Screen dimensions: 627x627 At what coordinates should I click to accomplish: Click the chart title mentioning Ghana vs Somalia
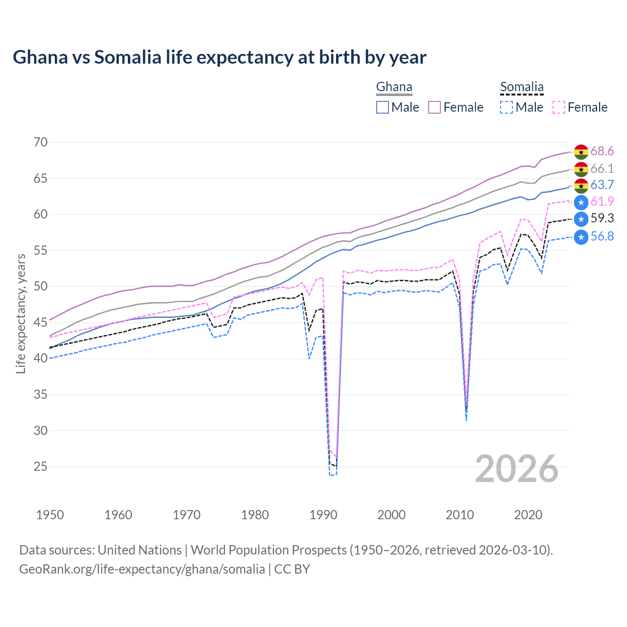click(x=219, y=57)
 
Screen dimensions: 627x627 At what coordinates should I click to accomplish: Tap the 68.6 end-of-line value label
click(x=602, y=151)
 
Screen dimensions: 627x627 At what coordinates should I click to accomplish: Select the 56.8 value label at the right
click(x=602, y=237)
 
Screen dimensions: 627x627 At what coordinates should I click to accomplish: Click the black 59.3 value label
click(x=602, y=218)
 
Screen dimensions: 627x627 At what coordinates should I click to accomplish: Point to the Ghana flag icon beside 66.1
click(x=581, y=169)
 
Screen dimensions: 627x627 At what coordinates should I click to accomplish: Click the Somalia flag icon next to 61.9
click(x=581, y=202)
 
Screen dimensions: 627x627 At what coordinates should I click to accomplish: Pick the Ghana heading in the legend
click(x=394, y=87)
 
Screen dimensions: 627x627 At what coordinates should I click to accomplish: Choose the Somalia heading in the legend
click(x=522, y=87)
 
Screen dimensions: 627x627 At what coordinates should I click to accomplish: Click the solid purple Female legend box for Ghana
click(x=434, y=107)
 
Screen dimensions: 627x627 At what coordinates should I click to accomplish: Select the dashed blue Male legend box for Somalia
click(x=506, y=107)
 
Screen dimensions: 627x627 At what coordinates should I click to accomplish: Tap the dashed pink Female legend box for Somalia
click(x=559, y=107)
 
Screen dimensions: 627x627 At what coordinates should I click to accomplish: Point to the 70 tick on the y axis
click(x=41, y=143)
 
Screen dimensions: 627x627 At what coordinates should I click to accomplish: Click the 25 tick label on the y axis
click(x=41, y=467)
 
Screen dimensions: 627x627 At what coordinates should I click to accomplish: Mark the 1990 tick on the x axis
click(x=323, y=515)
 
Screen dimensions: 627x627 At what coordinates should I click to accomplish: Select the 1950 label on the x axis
click(x=50, y=515)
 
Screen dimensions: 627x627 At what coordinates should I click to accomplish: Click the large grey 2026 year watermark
click(x=516, y=469)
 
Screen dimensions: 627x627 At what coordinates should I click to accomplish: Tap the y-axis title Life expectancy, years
click(x=21, y=313)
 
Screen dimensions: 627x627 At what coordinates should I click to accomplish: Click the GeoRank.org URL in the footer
click(x=142, y=569)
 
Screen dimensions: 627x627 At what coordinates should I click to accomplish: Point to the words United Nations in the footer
click(x=140, y=550)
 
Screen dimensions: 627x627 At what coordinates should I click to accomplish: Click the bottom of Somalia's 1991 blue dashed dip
click(x=331, y=475)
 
